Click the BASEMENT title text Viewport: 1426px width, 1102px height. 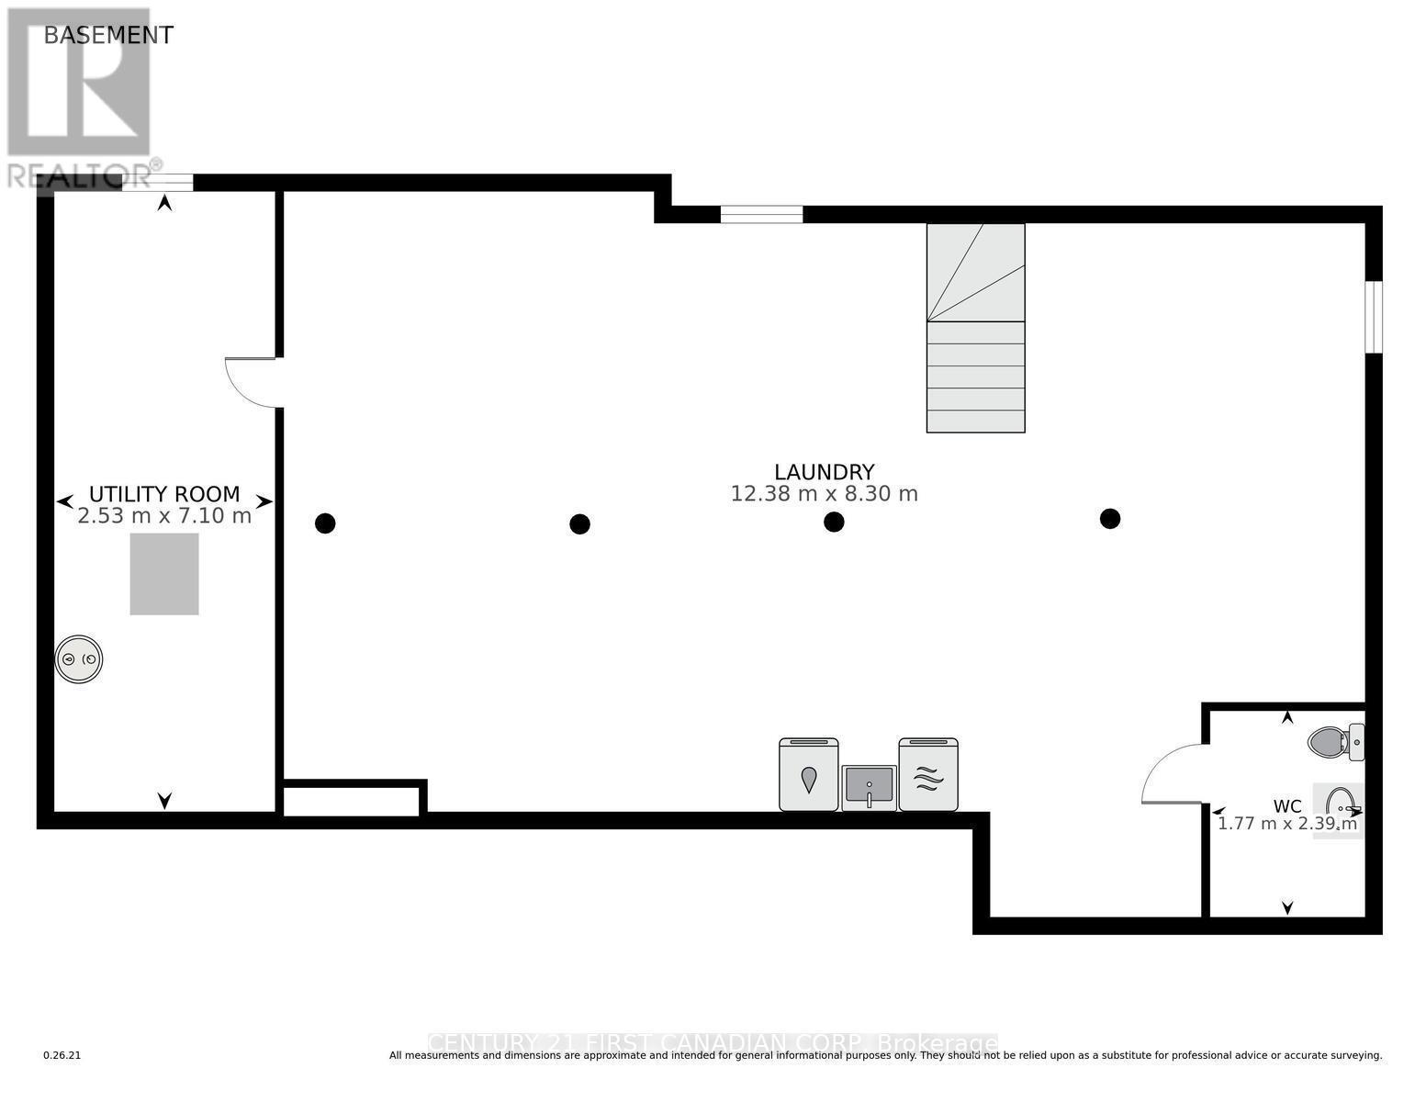click(x=108, y=35)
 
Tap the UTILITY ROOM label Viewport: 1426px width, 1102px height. click(x=164, y=494)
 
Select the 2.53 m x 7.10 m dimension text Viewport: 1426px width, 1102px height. click(x=164, y=516)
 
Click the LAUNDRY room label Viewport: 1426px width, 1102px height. click(x=824, y=472)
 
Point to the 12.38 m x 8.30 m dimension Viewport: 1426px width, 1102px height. click(x=824, y=494)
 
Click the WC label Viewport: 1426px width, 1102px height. click(x=1286, y=806)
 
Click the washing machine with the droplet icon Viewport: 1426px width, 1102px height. click(x=808, y=775)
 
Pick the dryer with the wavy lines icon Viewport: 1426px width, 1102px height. click(x=928, y=775)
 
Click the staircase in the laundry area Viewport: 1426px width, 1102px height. click(x=975, y=328)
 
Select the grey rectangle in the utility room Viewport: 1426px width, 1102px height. click(x=164, y=574)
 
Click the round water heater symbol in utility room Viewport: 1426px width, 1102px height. click(x=79, y=659)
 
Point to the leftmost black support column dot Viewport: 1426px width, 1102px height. click(x=325, y=523)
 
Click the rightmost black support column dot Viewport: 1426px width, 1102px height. click(x=1110, y=519)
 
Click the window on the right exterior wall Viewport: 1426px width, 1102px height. click(x=1373, y=317)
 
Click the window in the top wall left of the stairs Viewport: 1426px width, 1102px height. click(x=761, y=215)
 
